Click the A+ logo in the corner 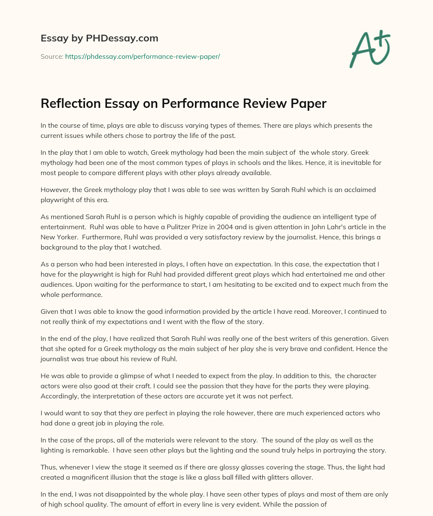[370, 49]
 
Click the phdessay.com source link [143, 56]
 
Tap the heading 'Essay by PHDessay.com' [99, 38]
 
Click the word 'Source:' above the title [52, 56]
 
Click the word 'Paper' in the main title [308, 104]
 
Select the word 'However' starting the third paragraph [55, 190]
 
